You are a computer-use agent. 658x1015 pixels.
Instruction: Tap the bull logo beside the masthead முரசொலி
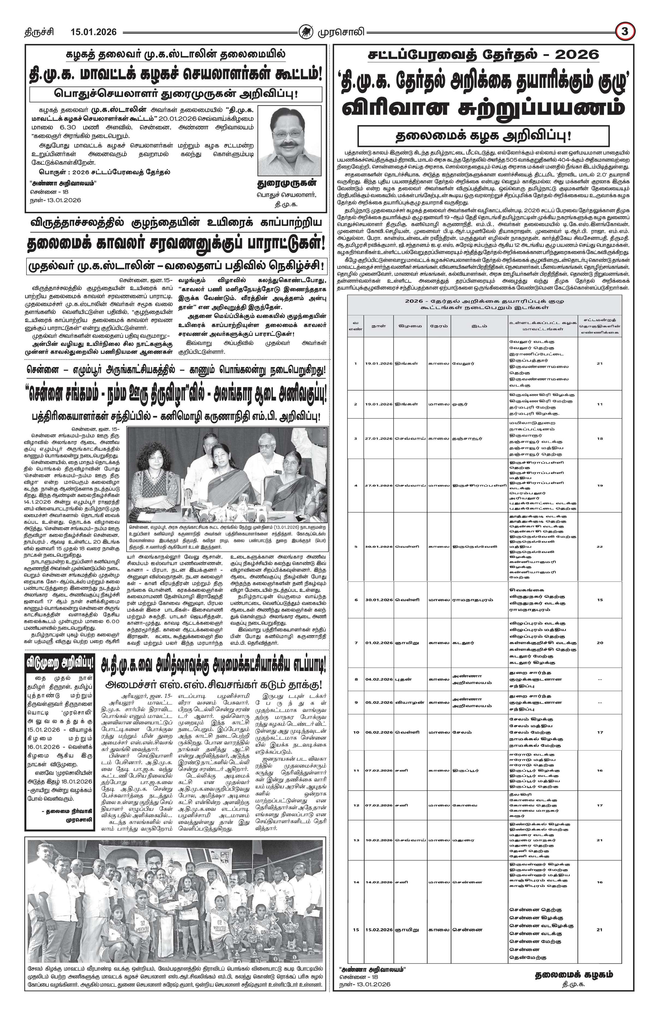pos(305,32)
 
